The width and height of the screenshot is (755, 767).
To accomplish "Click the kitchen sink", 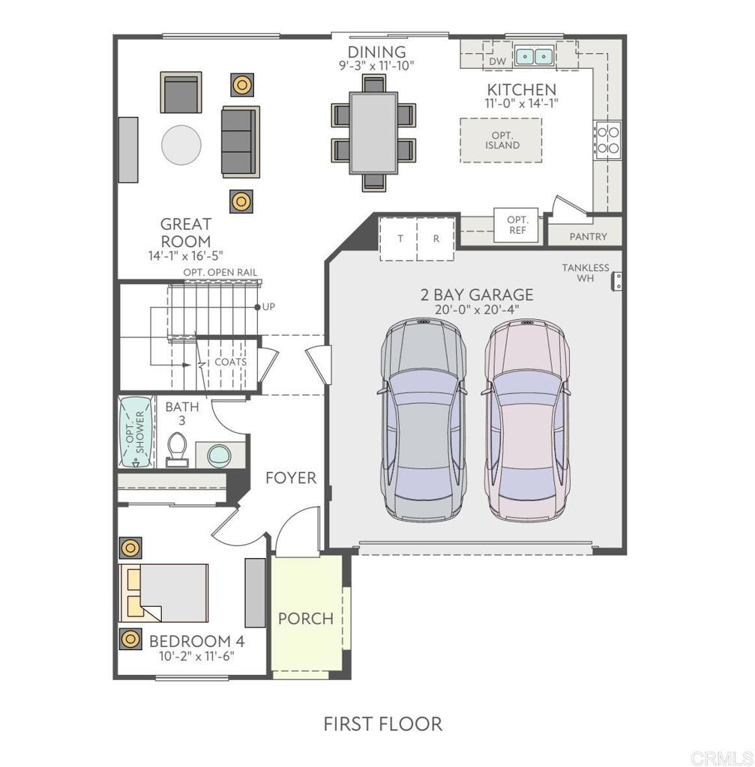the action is click(534, 55).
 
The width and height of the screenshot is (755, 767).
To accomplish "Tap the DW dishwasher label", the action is click(497, 61).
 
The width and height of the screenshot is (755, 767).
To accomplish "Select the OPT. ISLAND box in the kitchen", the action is click(501, 140).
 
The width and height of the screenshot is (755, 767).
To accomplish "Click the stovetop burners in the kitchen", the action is click(607, 140).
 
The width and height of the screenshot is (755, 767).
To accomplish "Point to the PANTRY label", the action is click(588, 237).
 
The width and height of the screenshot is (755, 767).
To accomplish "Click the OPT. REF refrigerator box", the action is click(517, 225).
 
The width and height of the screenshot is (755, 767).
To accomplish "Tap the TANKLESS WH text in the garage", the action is click(586, 273).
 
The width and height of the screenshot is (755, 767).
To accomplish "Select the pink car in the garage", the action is click(527, 420).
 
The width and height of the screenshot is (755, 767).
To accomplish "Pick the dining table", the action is click(373, 133).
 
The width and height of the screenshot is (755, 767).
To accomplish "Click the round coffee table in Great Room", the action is click(181, 145).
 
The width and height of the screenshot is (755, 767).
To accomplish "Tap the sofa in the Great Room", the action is click(240, 142).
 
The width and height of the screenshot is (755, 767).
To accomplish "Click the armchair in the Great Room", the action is click(181, 93).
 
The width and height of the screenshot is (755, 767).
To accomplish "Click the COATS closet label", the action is click(231, 362).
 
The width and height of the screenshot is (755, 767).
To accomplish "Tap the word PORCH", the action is click(306, 618).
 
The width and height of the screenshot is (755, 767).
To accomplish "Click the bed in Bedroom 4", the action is click(164, 593).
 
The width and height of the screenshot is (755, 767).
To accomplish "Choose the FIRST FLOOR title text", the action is click(383, 724).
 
